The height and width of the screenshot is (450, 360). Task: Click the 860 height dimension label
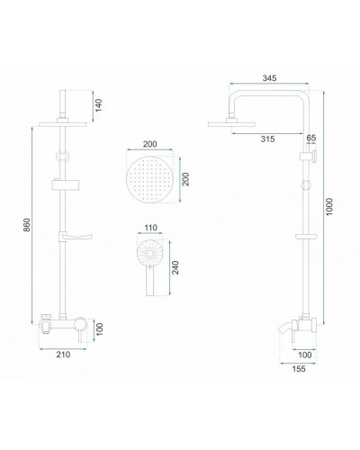pos(27,225)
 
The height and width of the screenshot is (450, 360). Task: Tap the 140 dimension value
pos(99,105)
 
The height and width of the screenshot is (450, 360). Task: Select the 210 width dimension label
pos(63,355)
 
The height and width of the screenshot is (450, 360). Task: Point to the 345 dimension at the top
pos(269,78)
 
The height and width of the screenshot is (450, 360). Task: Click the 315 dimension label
pos(267,139)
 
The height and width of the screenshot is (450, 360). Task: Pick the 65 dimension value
pos(311,138)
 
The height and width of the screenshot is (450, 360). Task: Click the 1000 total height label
pos(329,206)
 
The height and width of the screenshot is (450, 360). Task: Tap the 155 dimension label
pos(299,369)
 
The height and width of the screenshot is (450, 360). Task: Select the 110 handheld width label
pos(150,228)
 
